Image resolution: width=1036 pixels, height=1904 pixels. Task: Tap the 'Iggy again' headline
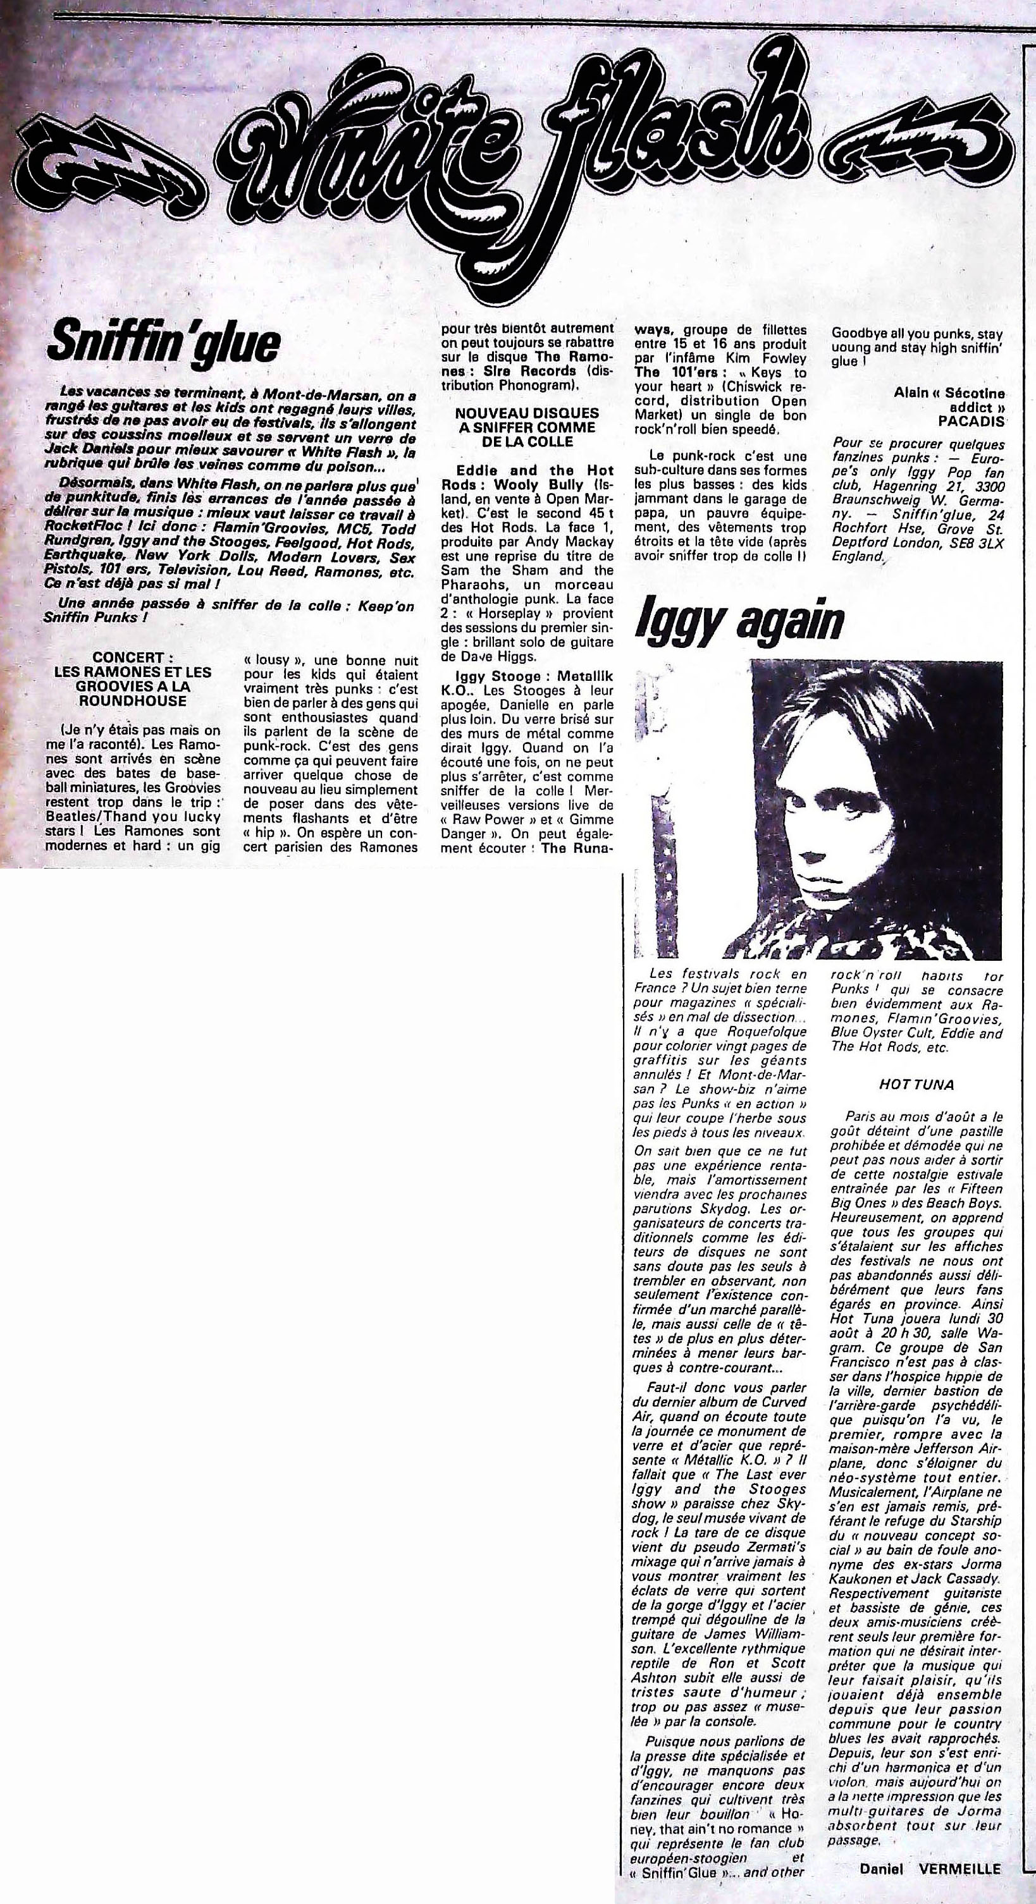739,620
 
